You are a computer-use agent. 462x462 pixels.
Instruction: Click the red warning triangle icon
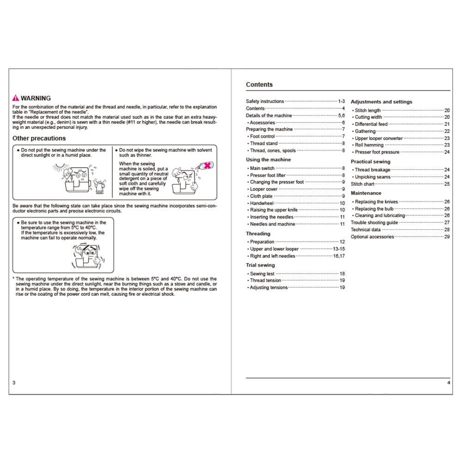pos(16,98)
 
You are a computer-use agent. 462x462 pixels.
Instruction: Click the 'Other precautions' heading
pos(39,138)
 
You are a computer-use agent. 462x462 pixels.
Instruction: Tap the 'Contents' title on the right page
pos(259,85)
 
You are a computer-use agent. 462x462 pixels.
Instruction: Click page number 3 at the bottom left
pos(14,383)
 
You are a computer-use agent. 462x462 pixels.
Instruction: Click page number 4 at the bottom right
pos(449,383)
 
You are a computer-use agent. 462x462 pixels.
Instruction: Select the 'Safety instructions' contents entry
pos(265,101)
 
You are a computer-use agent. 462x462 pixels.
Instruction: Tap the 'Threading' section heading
pos(258,234)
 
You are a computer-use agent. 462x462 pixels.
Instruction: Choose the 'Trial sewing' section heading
pos(260,265)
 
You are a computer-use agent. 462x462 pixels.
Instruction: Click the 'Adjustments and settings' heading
pos(381,102)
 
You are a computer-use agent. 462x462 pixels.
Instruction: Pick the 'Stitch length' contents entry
pos(368,110)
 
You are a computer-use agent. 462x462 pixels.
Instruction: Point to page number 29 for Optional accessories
pos(447,237)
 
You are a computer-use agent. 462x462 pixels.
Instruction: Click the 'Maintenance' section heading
pos(366,193)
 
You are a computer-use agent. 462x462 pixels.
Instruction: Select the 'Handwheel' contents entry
pos(261,203)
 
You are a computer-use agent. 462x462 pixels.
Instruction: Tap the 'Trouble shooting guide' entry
pos(374,223)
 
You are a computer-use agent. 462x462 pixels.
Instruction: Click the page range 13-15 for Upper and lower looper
pos(339,249)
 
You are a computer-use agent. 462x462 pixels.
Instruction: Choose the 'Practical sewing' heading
pos(370,162)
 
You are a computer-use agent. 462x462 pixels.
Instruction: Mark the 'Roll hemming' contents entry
pos(369,145)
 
